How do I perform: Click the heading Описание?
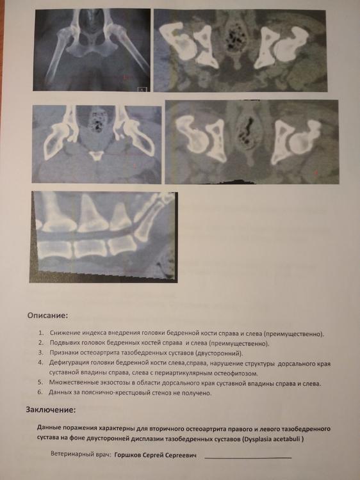[x=47, y=316]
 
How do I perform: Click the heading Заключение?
[x=51, y=410]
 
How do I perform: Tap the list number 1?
[x=41, y=333]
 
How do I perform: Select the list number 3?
[x=41, y=353]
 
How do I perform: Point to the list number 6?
[x=40, y=392]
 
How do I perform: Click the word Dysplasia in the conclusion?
[x=258, y=439]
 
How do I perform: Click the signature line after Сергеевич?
[x=248, y=458]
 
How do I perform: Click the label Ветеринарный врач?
[x=81, y=454]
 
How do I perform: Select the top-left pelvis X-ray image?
[x=92, y=50]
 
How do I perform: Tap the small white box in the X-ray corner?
[x=142, y=90]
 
